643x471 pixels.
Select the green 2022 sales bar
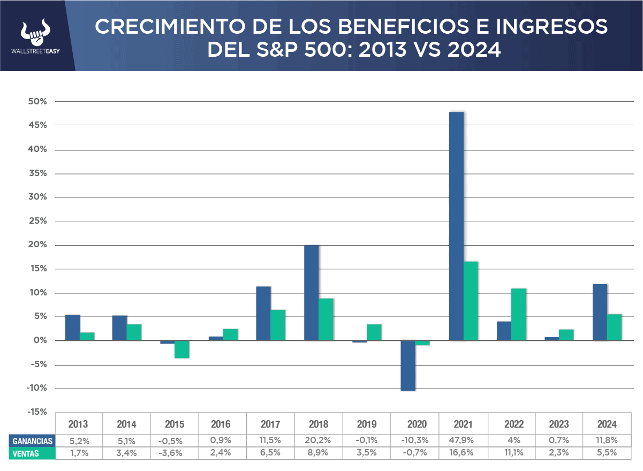(519, 314)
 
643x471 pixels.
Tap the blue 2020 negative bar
(408, 366)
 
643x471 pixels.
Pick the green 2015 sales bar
(182, 349)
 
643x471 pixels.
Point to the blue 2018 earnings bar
(312, 292)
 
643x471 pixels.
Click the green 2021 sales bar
(471, 301)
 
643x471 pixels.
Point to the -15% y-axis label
(35, 412)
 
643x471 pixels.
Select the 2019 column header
(367, 424)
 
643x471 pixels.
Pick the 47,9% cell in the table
(463, 441)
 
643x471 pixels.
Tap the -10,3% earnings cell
(414, 441)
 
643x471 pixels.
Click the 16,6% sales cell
(463, 453)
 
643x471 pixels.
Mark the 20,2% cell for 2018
(319, 441)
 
